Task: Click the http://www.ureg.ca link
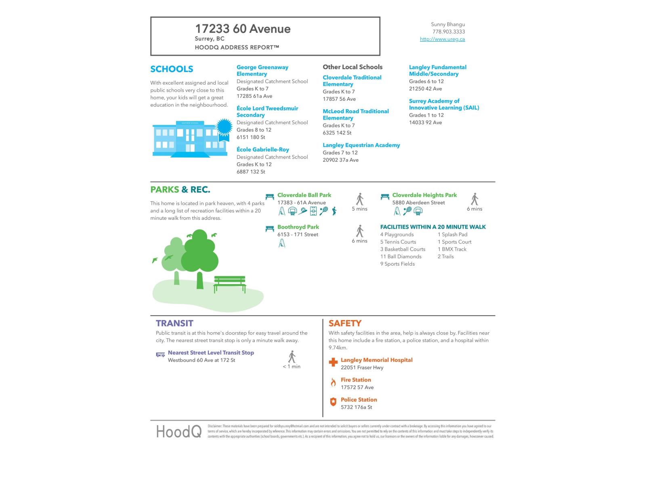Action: click(442, 39)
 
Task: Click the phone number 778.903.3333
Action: click(449, 32)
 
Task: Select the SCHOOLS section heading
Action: click(172, 69)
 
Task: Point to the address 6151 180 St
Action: click(251, 137)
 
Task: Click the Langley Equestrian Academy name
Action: click(361, 145)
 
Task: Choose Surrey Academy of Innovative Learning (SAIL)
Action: click(444, 104)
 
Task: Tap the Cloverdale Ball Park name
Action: click(304, 195)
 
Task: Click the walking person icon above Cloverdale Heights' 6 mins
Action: click(474, 199)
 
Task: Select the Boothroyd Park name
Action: click(298, 227)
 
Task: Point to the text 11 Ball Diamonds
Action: click(401, 256)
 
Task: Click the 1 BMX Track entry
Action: click(452, 249)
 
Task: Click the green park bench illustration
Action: click(229, 283)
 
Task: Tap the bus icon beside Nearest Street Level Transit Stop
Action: click(160, 354)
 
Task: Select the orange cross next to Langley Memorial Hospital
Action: click(333, 362)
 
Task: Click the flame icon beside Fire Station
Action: click(333, 382)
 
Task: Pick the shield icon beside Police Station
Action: click(333, 402)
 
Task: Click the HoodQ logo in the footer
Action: click(178, 432)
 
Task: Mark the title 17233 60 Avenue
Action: click(243, 29)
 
